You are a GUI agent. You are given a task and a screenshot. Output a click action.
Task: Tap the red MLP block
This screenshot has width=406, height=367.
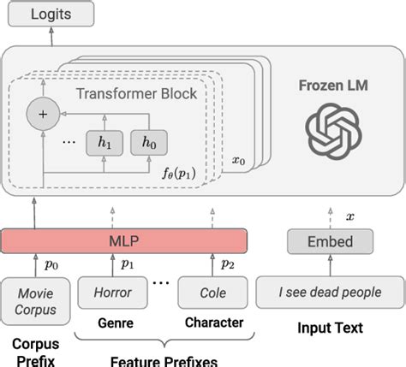[125, 242]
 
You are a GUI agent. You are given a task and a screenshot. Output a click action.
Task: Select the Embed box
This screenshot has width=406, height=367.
[331, 242]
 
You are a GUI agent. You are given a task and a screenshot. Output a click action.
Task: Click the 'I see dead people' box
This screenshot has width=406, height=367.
[330, 293]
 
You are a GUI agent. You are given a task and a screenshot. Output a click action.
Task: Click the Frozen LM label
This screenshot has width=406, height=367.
[331, 87]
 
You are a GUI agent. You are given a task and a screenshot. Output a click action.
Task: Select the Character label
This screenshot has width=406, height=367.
[213, 323]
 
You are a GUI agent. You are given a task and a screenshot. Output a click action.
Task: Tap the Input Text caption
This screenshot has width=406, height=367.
[330, 328]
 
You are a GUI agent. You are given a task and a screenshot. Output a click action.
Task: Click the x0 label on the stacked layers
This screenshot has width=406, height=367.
[240, 159]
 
